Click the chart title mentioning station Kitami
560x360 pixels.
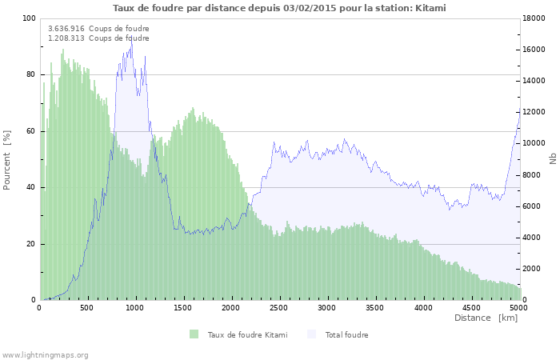(x=279, y=7)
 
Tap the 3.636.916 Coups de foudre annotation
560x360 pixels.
(x=98, y=29)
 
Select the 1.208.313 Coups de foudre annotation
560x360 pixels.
(x=98, y=38)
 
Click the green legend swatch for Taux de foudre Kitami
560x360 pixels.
(x=194, y=334)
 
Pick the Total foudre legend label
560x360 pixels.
(x=346, y=334)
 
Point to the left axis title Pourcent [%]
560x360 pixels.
(x=7, y=159)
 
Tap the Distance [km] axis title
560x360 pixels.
(x=486, y=318)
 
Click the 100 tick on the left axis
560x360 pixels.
(x=29, y=18)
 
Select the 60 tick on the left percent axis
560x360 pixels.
(x=31, y=131)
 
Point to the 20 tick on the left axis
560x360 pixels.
(x=31, y=244)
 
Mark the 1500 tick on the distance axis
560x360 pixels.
(x=183, y=306)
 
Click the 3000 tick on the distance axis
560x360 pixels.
(x=327, y=306)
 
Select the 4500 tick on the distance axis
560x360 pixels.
(x=471, y=306)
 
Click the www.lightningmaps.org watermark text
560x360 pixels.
(x=45, y=354)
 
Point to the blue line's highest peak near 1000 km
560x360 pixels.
(x=131, y=38)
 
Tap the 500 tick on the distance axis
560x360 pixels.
(x=87, y=306)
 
